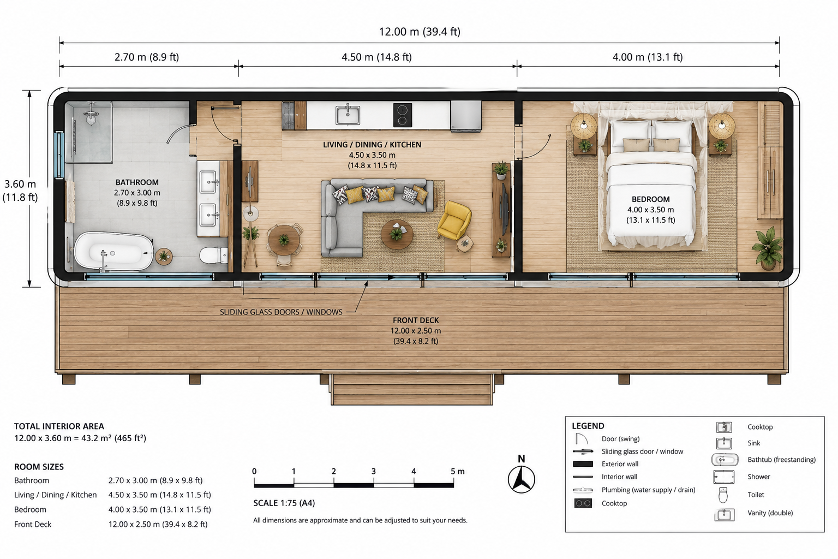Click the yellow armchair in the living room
click(x=454, y=221)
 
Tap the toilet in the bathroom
click(x=213, y=255)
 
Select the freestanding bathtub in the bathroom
click(x=113, y=251)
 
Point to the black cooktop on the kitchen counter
click(x=403, y=115)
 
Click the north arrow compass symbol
click(x=521, y=479)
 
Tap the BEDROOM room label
click(x=650, y=200)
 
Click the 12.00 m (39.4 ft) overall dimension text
click(x=420, y=32)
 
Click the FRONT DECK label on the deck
click(x=416, y=320)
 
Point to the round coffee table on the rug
click(x=397, y=234)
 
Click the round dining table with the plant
click(x=284, y=240)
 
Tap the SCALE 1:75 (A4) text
click(x=284, y=503)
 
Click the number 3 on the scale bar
click(x=373, y=472)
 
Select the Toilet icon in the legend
click(x=723, y=495)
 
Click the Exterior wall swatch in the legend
click(x=583, y=464)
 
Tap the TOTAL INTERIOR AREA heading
click(x=59, y=426)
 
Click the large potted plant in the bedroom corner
click(x=767, y=247)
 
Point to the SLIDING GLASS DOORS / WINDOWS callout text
click(x=281, y=312)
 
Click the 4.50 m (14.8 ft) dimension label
click(x=377, y=57)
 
